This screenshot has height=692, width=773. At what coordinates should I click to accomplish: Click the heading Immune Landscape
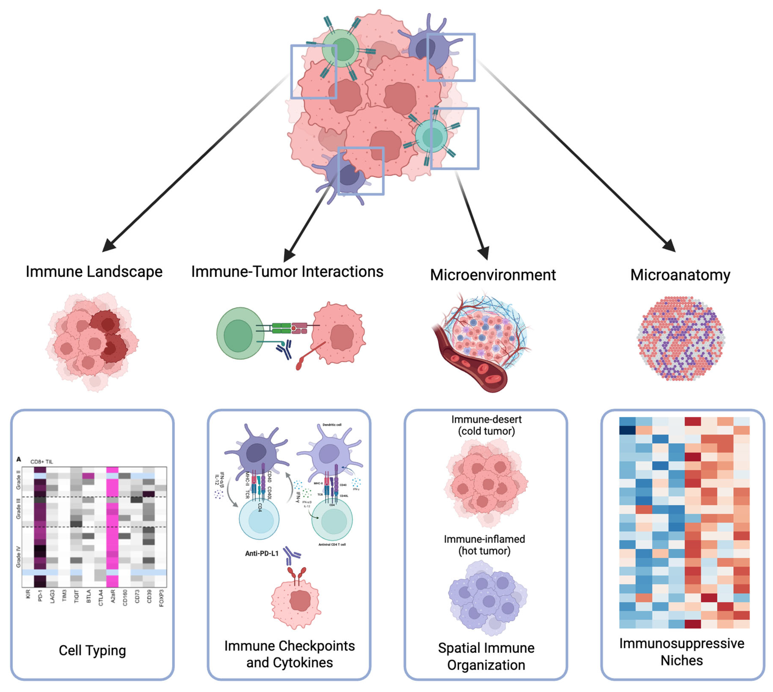pyautogui.click(x=94, y=271)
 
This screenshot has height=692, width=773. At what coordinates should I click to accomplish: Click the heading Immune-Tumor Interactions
pyautogui.click(x=287, y=271)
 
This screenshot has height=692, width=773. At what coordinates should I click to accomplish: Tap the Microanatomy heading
pyautogui.click(x=680, y=275)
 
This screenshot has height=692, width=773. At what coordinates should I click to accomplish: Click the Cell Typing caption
pyautogui.click(x=92, y=650)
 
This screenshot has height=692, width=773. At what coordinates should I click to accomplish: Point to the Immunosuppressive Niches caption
pyautogui.click(x=681, y=652)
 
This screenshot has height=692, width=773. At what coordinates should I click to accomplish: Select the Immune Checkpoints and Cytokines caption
pyautogui.click(x=289, y=654)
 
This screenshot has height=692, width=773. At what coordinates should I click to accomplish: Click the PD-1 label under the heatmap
pyautogui.click(x=40, y=595)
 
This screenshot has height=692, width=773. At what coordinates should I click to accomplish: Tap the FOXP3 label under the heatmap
pyautogui.click(x=161, y=598)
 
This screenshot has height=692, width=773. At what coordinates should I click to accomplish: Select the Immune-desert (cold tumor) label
pyautogui.click(x=486, y=425)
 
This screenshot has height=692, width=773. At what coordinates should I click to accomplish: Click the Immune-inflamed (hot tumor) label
pyautogui.click(x=484, y=545)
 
